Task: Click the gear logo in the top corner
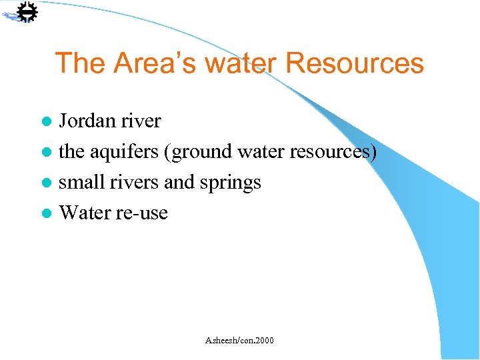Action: [x=25, y=13]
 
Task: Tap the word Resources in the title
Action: [x=355, y=63]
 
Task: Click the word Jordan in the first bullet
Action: [x=87, y=121]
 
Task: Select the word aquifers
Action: [x=124, y=152]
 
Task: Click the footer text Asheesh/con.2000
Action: [x=239, y=341]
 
